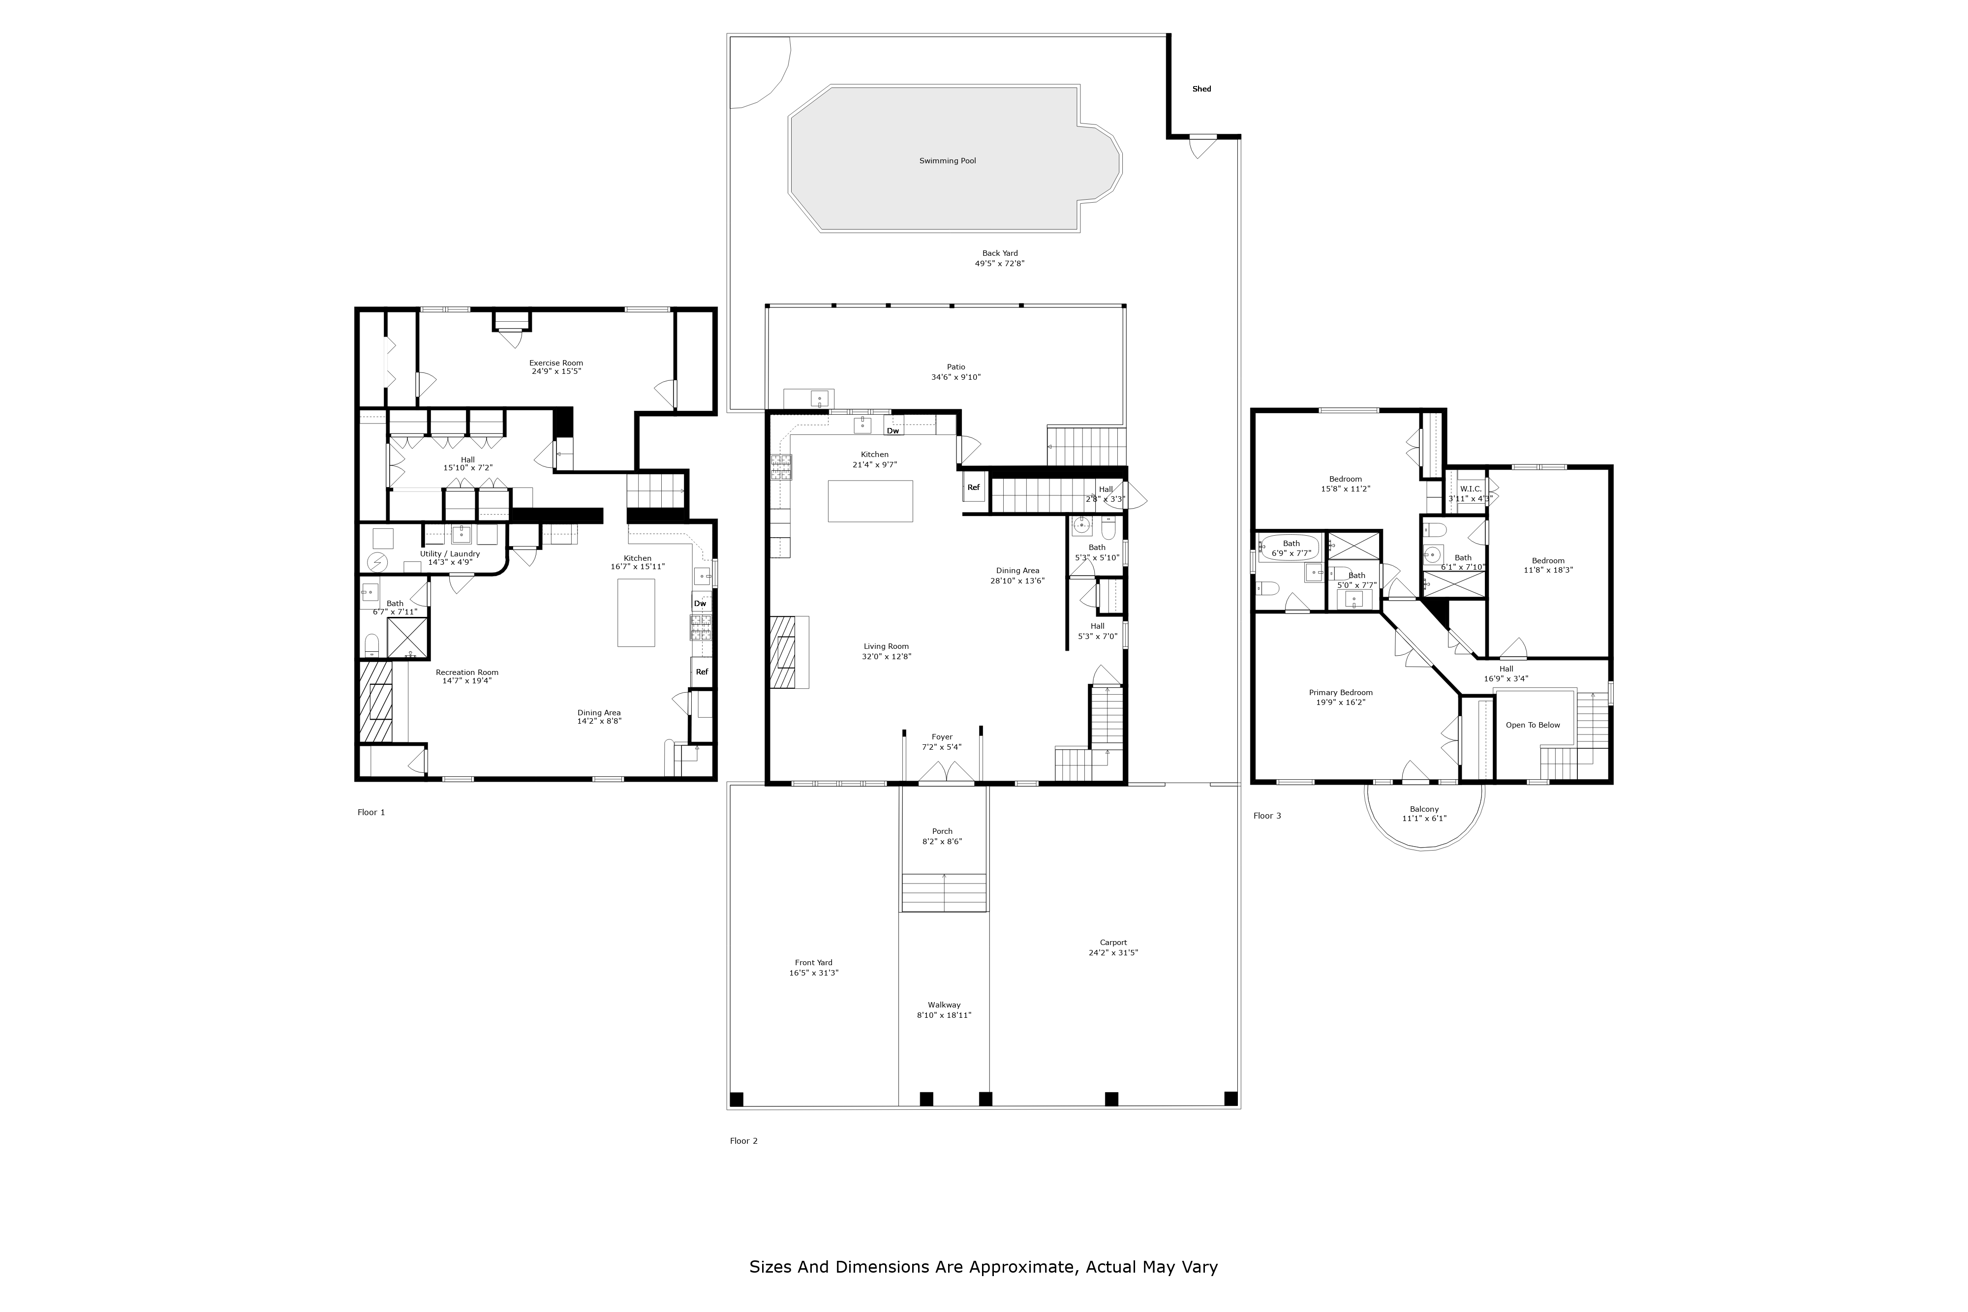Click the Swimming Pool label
(947, 161)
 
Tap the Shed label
(1201, 89)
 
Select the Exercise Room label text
(555, 363)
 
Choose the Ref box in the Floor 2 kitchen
(973, 487)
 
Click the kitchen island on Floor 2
(870, 501)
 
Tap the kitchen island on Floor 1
(636, 612)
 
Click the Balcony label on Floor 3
(1424, 809)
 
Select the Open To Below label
(1533, 725)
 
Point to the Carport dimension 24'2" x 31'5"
(1113, 952)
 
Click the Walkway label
(944, 1005)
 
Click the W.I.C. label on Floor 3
(1470, 488)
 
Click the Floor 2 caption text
(744, 1140)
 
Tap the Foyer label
(942, 737)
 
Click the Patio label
(955, 366)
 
